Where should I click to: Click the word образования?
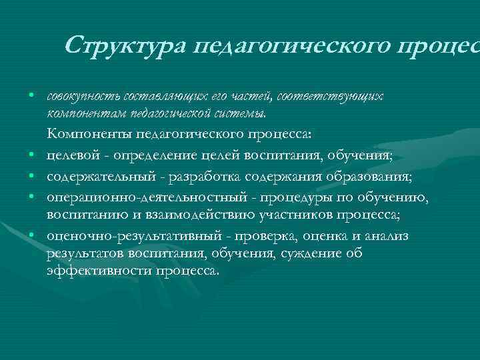[x=372, y=177]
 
